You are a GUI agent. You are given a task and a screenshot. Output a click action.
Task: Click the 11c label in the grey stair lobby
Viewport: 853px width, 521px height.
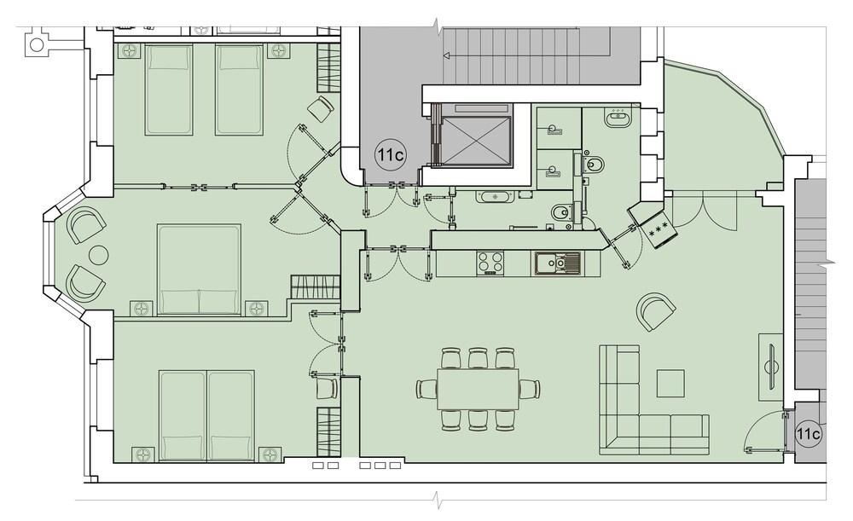(390, 155)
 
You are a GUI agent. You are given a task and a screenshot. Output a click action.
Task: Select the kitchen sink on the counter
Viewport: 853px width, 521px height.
(557, 263)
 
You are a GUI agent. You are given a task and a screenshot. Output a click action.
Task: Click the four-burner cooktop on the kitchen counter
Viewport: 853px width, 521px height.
(490, 263)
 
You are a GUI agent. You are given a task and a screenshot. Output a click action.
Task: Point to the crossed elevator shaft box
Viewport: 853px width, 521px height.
(477, 140)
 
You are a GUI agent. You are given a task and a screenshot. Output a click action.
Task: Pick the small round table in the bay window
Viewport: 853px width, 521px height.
(99, 254)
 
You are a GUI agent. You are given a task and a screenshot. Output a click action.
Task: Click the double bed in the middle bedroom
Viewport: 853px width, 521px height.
(199, 269)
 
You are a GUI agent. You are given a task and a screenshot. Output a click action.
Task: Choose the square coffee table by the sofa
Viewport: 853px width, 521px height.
(670, 384)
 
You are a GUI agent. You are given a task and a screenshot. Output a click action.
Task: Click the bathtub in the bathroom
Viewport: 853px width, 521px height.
(495, 196)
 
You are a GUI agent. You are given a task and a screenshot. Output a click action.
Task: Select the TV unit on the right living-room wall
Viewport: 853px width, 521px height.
(771, 368)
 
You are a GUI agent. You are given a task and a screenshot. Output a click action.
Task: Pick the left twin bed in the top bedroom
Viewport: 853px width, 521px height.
(169, 90)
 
